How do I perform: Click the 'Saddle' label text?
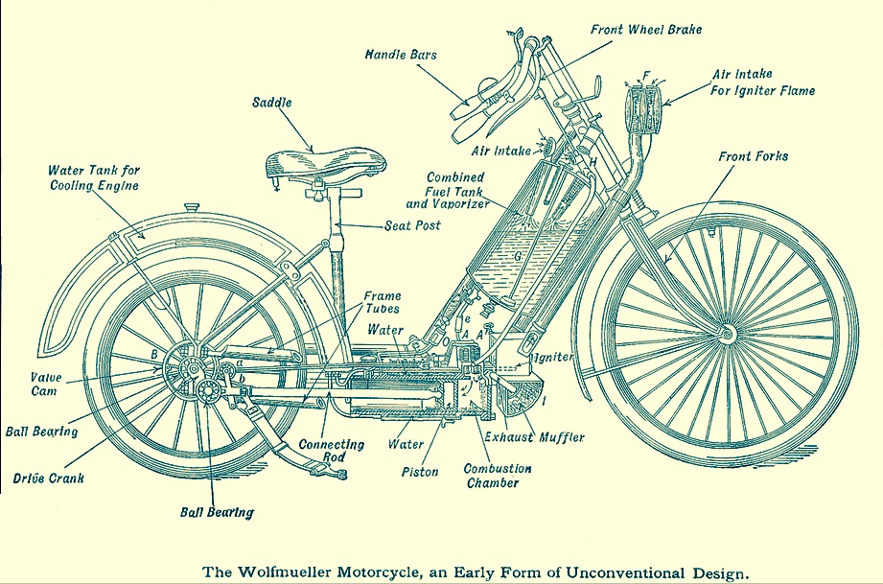pyautogui.click(x=273, y=102)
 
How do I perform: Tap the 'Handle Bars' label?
pyautogui.click(x=401, y=55)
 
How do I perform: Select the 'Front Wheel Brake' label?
pyautogui.click(x=646, y=30)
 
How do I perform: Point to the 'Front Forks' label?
pyautogui.click(x=753, y=155)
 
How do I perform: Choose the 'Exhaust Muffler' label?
pyautogui.click(x=535, y=437)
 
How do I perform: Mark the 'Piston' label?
pyautogui.click(x=420, y=472)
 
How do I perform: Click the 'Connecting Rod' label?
pyautogui.click(x=331, y=451)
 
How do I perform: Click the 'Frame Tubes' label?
pyautogui.click(x=382, y=303)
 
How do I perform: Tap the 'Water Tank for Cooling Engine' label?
pyautogui.click(x=94, y=177)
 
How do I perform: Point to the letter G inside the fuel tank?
pyautogui.click(x=517, y=258)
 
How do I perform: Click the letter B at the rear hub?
pyautogui.click(x=152, y=354)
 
